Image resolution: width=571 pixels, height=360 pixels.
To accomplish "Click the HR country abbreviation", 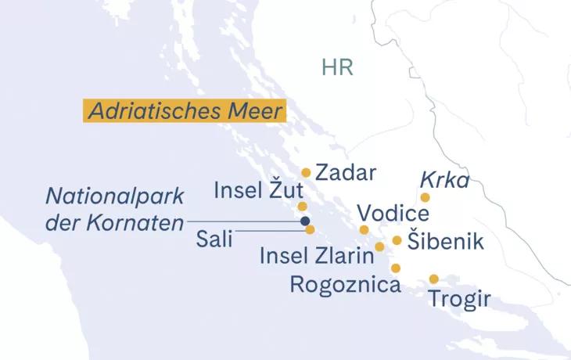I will pyautogui.click(x=337, y=67).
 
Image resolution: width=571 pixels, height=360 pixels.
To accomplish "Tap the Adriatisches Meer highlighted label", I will pyautogui.click(x=185, y=111).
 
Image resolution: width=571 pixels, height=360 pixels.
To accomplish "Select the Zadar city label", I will pyautogui.click(x=346, y=173).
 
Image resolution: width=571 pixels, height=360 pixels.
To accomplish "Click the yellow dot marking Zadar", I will pyautogui.click(x=307, y=173).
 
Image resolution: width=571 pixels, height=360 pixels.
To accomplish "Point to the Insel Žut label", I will pyautogui.click(x=258, y=191).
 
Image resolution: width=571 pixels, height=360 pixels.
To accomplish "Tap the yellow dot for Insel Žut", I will pyautogui.click(x=302, y=207).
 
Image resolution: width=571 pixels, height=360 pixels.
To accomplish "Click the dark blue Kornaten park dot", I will pyautogui.click(x=305, y=221).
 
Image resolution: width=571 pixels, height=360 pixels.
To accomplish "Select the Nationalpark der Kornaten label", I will pyautogui.click(x=114, y=209).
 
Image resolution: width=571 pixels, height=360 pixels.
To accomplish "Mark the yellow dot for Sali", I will pyautogui.click(x=310, y=230).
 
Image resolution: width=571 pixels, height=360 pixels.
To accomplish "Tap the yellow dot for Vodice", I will pyautogui.click(x=364, y=230).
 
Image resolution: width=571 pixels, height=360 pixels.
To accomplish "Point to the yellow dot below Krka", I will pyautogui.click(x=426, y=197).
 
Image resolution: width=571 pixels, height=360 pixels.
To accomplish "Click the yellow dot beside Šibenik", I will pyautogui.click(x=397, y=240).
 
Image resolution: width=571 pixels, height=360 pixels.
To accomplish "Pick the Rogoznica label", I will pyautogui.click(x=345, y=283).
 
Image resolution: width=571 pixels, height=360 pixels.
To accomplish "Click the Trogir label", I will pyautogui.click(x=460, y=298).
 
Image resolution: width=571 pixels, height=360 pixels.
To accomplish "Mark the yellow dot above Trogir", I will pyautogui.click(x=434, y=279).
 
